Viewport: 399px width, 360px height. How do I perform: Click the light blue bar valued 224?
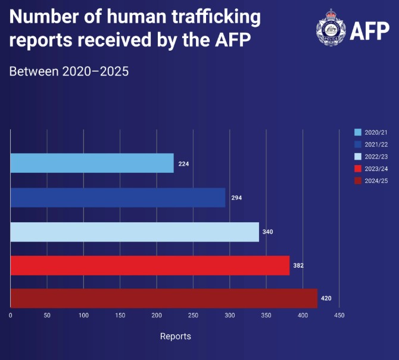pyautogui.click(x=92, y=163)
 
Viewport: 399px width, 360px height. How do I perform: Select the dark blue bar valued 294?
pyautogui.click(x=117, y=197)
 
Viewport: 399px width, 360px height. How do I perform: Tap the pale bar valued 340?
pyautogui.click(x=135, y=231)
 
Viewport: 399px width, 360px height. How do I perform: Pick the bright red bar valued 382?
pyautogui.click(x=149, y=265)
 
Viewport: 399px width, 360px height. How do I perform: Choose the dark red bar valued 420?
pyautogui.click(x=164, y=298)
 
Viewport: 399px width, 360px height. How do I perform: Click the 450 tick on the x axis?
pyautogui.click(x=339, y=315)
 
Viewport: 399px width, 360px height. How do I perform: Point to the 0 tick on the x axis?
pyautogui.click(x=10, y=315)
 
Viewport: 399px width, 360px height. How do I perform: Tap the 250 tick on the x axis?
pyautogui.click(x=194, y=315)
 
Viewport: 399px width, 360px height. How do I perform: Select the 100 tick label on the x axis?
pyautogui.click(x=83, y=315)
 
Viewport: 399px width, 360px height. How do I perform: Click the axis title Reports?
pyautogui.click(x=176, y=336)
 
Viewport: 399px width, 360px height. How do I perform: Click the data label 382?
pyautogui.click(x=298, y=265)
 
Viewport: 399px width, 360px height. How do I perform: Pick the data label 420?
pyautogui.click(x=326, y=298)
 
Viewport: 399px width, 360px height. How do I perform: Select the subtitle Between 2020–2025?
pyautogui.click(x=69, y=72)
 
